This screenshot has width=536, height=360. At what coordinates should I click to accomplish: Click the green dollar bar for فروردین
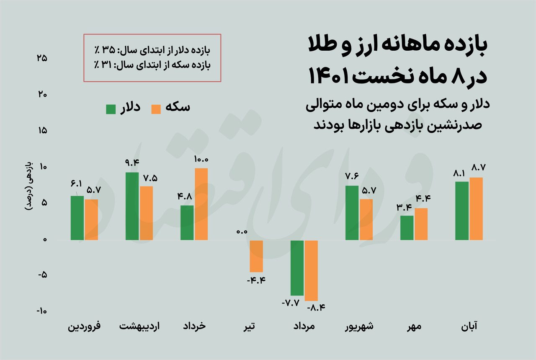pos(77,218)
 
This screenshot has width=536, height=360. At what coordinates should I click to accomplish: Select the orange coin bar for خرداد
pos(201,204)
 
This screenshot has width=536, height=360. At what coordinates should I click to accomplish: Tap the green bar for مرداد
pos(297,268)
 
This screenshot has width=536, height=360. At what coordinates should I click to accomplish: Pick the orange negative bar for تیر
pos(256,256)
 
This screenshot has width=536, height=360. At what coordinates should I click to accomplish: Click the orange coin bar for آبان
pos(476,209)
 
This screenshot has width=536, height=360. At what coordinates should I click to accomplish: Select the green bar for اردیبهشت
pos(132,206)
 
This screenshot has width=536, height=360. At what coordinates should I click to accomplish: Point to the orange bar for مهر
pos(421,224)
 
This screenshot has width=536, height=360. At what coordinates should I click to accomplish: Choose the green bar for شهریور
pos(352,213)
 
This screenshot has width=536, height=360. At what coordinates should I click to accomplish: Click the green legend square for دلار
pos(111,109)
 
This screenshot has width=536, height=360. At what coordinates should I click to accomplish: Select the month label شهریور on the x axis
pos(359,326)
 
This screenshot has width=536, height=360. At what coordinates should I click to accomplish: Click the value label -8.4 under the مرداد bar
pos(316,308)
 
